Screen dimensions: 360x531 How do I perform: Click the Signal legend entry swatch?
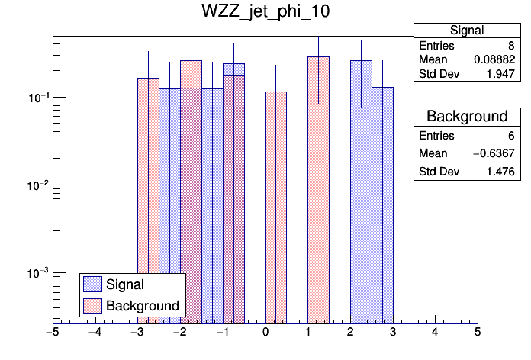[92, 284]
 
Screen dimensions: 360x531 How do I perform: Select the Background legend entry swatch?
[92, 306]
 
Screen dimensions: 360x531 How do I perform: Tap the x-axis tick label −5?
[53, 333]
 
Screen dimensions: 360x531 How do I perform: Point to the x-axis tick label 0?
[265, 333]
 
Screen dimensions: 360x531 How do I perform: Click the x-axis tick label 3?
[393, 333]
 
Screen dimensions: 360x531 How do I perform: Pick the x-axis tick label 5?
[478, 333]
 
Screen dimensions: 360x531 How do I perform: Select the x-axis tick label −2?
[180, 333]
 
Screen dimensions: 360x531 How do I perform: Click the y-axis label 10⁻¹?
[36, 98]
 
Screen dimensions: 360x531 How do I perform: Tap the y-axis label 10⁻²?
[36, 185]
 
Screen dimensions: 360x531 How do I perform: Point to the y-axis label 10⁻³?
[36, 273]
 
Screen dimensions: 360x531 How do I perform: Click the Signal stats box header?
[466, 31]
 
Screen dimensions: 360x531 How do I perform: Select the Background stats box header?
[466, 117]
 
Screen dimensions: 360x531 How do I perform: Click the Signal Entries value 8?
[510, 46]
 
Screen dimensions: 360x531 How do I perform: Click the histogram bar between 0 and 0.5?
[276, 206]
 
